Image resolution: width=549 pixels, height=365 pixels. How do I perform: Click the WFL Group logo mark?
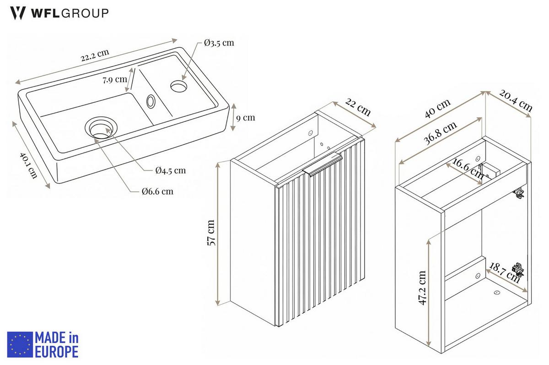click(18, 13)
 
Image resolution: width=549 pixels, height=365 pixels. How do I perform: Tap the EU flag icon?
click(20, 344)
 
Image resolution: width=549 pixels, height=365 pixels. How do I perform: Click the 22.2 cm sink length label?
click(95, 55)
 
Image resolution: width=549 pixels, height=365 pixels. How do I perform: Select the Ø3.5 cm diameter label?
click(219, 43)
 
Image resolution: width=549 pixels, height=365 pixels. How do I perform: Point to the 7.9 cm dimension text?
click(115, 80)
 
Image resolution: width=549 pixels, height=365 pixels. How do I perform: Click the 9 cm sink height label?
click(246, 118)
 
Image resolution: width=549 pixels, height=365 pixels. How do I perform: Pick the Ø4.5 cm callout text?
click(171, 170)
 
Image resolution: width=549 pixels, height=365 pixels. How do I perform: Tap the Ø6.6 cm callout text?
click(157, 191)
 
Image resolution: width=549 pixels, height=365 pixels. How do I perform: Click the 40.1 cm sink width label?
click(29, 165)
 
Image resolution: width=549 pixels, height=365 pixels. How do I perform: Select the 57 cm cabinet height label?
click(211, 233)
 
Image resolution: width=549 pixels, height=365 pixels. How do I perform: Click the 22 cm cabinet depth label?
click(358, 107)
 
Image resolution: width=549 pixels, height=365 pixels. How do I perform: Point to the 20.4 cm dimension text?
click(516, 101)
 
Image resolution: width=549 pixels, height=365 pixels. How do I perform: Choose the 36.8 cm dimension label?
click(441, 133)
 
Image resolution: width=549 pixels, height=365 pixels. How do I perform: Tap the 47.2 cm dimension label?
click(422, 288)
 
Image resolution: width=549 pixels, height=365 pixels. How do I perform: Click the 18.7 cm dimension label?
click(504, 272)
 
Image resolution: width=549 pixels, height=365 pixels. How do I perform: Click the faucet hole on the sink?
click(179, 86)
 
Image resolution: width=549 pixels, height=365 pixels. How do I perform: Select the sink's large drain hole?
click(101, 128)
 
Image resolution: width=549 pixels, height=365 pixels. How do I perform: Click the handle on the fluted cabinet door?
click(322, 164)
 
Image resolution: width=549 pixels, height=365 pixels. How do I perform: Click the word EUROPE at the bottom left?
click(57, 352)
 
